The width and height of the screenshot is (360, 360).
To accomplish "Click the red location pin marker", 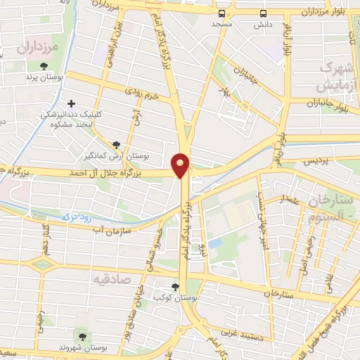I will [181, 165].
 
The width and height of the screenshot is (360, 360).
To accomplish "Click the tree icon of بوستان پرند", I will [44, 66].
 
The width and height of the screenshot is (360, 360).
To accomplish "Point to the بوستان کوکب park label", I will [176, 298].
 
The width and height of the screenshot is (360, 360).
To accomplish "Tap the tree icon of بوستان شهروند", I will [84, 337].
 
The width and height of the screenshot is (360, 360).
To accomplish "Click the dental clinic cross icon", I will [71, 103].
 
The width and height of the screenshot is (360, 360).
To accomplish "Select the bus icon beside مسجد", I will [222, 13].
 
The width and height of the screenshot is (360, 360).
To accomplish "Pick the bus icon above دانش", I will [263, 13].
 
